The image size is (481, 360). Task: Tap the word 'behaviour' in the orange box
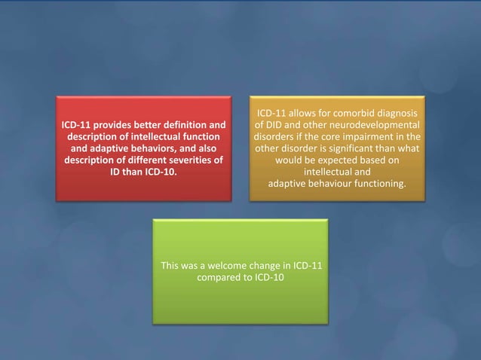[329, 185]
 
